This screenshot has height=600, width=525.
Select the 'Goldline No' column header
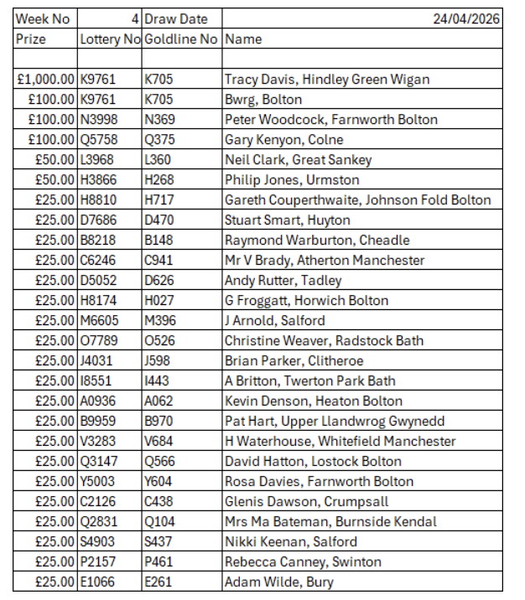(180, 39)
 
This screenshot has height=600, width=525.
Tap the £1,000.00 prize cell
(46, 79)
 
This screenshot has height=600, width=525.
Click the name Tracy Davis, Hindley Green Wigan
(327, 79)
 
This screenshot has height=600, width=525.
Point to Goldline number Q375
(159, 139)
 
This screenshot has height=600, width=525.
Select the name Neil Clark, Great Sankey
(298, 159)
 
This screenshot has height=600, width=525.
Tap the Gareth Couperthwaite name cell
(357, 199)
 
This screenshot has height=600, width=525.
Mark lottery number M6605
(98, 320)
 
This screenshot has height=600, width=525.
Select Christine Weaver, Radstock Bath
(324, 340)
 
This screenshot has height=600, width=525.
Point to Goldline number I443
(156, 380)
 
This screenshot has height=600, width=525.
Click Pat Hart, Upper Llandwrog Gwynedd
(335, 421)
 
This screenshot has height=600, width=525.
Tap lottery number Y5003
(97, 481)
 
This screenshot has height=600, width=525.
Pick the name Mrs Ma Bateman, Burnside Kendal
(330, 521)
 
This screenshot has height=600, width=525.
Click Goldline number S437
(158, 541)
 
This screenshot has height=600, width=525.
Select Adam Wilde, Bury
(278, 582)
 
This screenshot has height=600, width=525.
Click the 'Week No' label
(39, 18)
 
